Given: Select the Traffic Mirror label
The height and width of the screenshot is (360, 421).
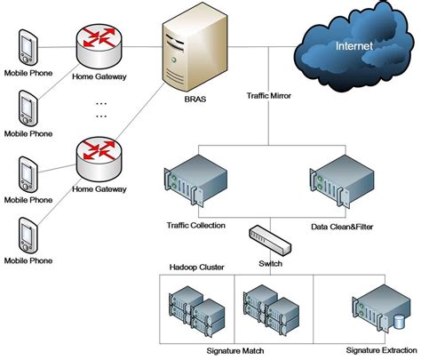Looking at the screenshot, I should point(268,92).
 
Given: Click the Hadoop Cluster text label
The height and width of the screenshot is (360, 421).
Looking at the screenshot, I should point(195,266).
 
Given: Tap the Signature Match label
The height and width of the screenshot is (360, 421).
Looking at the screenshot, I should point(235,352).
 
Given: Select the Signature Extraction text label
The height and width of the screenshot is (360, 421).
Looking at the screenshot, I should point(376,352).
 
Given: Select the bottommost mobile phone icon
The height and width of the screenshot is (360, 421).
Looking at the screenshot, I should point(27,236).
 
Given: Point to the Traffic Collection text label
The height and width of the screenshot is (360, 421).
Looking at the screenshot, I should point(195,227).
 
